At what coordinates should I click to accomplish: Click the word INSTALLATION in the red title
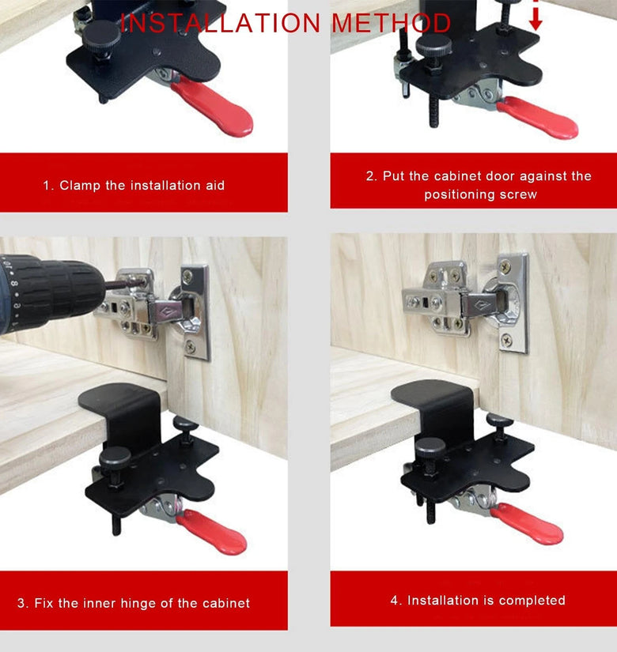220,23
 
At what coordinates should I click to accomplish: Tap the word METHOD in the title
392,23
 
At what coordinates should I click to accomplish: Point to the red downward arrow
536,15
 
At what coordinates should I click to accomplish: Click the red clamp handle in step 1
213,107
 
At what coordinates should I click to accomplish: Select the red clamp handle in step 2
538,118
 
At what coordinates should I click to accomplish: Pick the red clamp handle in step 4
528,524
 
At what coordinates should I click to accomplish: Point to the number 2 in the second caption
369,176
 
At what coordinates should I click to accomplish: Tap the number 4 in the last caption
394,601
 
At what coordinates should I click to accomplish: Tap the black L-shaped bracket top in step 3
119,395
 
